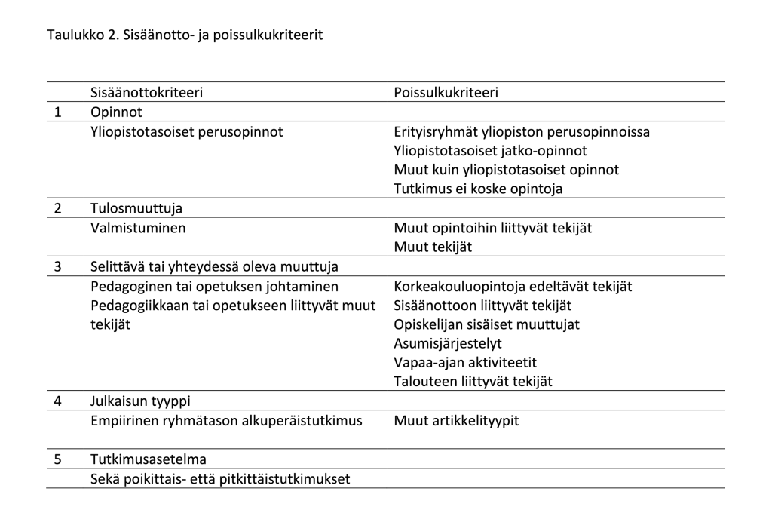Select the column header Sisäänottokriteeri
coord(146,93)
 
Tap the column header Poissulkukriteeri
coord(446,93)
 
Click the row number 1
coord(57,112)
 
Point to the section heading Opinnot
coord(116,112)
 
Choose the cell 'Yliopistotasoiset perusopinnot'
coord(186,132)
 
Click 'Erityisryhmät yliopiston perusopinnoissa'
coord(522,132)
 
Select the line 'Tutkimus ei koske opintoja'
coord(478,189)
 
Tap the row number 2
coord(57,208)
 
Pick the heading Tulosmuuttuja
coord(136,208)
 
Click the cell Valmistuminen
coord(138,227)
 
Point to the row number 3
coord(57,267)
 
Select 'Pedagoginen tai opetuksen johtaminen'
coord(214,287)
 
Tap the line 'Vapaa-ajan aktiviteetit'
coord(465,362)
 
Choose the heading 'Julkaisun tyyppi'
coord(145,401)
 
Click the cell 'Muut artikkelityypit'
coord(456,420)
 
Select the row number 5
coord(57,459)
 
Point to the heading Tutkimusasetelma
coord(149,459)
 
